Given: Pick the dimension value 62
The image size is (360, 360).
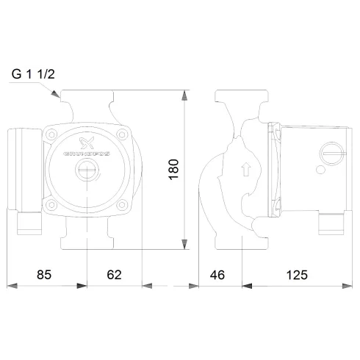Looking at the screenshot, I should pos(113,275).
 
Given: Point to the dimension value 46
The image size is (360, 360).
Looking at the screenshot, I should pos(217,275).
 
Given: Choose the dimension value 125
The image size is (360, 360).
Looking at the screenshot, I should pos(295,275).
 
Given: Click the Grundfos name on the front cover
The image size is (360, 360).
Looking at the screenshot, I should pos(87,156).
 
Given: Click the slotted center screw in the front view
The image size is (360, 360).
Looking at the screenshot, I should pos(87,173).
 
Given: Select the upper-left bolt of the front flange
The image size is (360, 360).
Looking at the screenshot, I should pos(54,135).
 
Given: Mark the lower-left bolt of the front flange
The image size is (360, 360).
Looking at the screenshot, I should pos(54,203).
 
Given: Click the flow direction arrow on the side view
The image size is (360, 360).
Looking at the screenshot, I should pos(245,170).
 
